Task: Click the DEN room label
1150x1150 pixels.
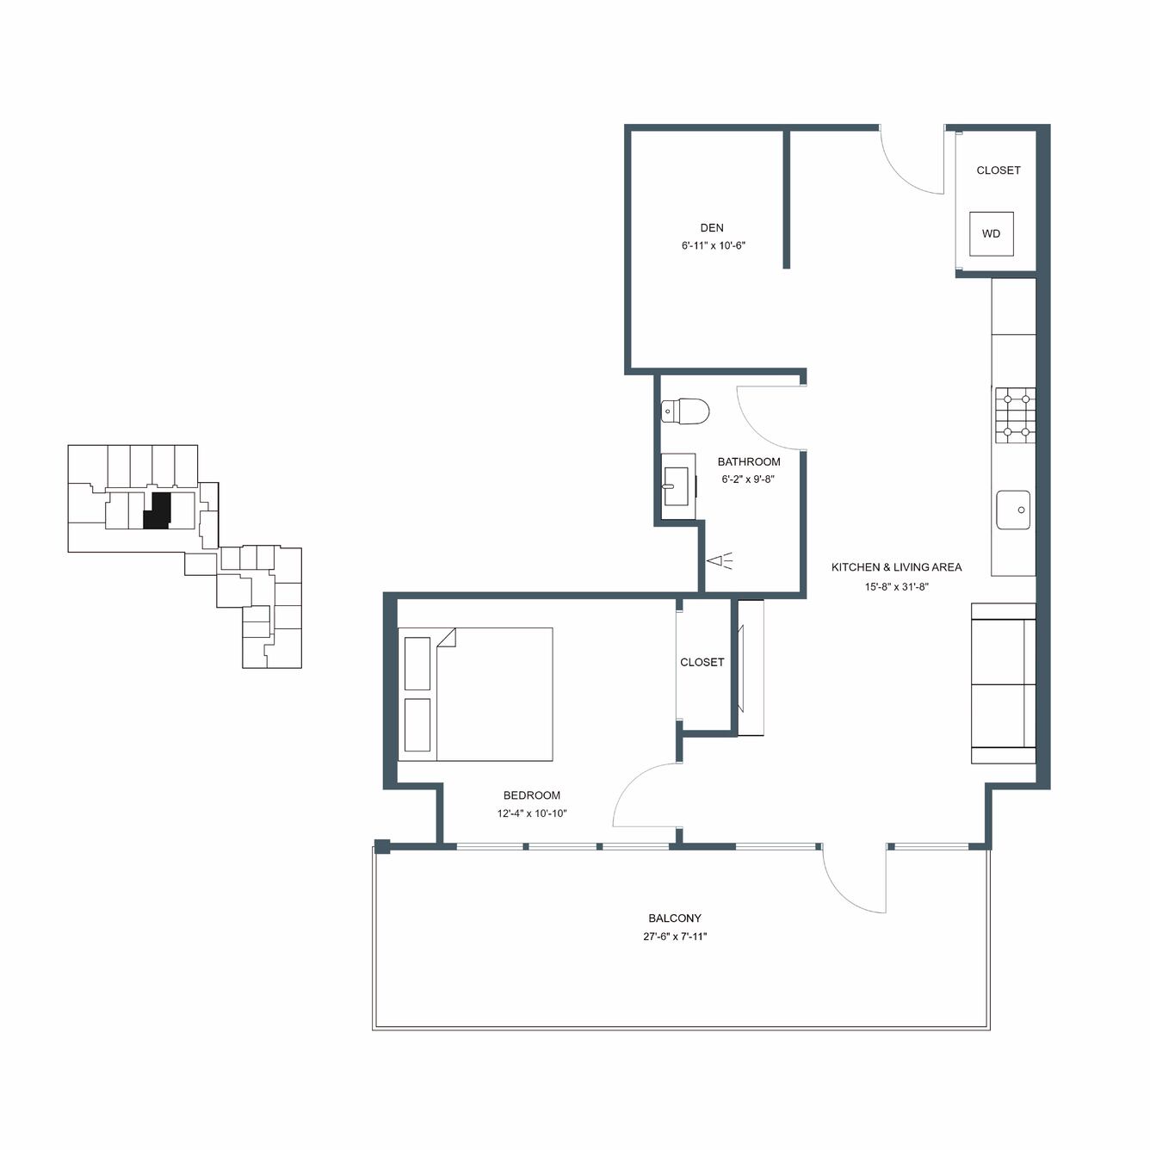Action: pos(711,227)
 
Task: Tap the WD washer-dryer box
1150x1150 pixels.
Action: pos(992,234)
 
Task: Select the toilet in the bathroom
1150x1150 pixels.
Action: pos(685,411)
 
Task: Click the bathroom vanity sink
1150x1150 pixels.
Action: pos(677,486)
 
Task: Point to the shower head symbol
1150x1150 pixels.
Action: pos(719,561)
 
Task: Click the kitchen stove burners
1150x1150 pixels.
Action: pos(1015,415)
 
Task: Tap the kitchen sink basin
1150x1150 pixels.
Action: pos(1013,510)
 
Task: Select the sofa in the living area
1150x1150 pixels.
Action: pos(1003,683)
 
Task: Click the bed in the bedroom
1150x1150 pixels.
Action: pos(475,694)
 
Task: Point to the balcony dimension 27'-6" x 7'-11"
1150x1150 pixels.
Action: pos(675,937)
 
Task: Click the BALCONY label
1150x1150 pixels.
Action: pos(675,918)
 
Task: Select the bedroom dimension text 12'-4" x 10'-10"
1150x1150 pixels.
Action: pos(532,813)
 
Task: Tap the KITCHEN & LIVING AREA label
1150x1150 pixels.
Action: pos(896,567)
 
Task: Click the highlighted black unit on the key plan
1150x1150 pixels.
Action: pos(158,510)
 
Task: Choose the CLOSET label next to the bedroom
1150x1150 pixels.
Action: pos(702,662)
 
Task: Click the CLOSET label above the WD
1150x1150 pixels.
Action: pos(999,170)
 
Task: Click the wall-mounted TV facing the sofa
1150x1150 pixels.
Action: pos(740,668)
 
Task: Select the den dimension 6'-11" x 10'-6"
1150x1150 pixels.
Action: pos(714,245)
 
